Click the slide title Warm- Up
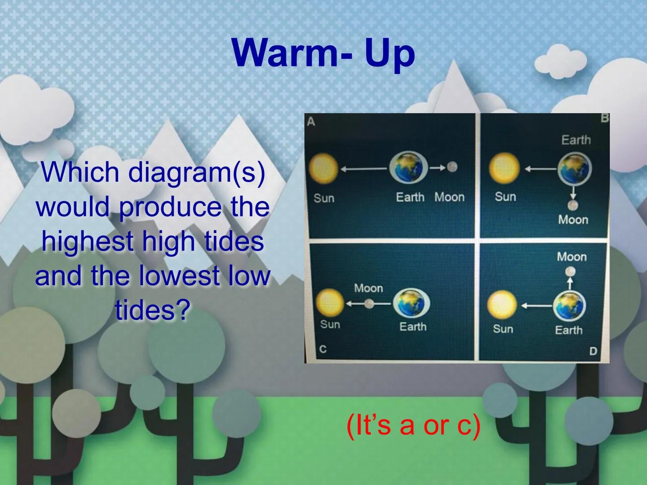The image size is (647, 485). click(323, 53)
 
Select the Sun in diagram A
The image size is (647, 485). click(323, 169)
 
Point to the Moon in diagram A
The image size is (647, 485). click(452, 167)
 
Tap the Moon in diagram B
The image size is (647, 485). click(572, 206)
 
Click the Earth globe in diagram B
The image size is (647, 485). click(575, 170)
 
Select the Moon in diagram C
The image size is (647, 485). click(369, 304)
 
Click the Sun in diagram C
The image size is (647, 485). click(329, 303)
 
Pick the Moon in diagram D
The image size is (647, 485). click(570, 272)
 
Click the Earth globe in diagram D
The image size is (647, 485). click(569, 306)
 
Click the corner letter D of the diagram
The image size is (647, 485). click(593, 351)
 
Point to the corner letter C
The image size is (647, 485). click(323, 349)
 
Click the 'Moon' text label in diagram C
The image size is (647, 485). click(368, 288)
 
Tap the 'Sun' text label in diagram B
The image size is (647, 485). click(505, 197)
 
